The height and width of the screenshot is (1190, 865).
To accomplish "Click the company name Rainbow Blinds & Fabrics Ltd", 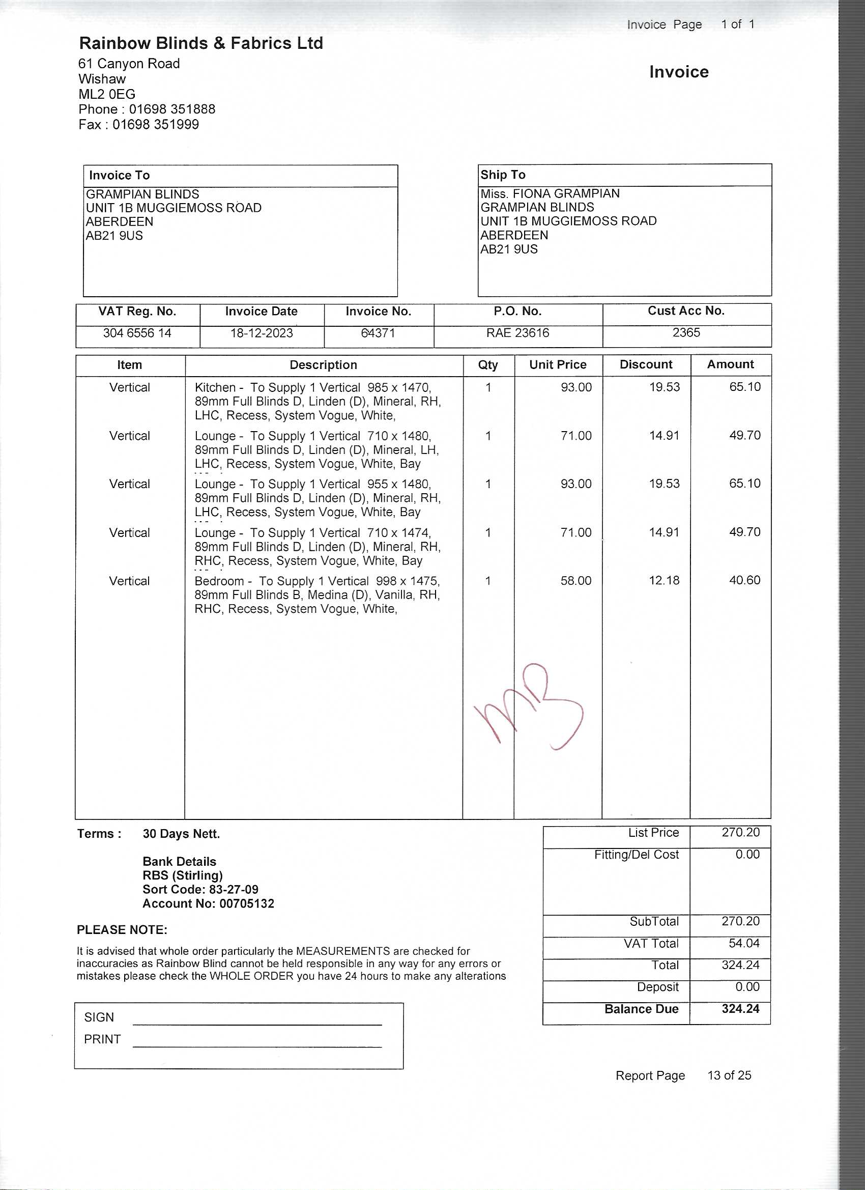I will pyautogui.click(x=201, y=43).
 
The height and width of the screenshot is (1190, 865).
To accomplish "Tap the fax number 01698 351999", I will pyautogui.click(x=156, y=124).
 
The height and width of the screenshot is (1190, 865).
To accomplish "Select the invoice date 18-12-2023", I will pyautogui.click(x=261, y=333).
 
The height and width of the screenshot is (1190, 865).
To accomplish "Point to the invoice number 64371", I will pyautogui.click(x=378, y=333).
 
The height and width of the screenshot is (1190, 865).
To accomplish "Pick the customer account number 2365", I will pyautogui.click(x=686, y=333).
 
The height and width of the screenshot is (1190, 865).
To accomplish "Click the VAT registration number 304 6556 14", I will pyautogui.click(x=137, y=333).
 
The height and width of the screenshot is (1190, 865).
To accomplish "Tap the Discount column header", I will pyautogui.click(x=646, y=364).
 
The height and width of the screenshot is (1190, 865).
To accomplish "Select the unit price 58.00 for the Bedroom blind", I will pyautogui.click(x=575, y=581).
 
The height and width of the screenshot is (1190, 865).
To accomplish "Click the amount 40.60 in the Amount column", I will pyautogui.click(x=744, y=580).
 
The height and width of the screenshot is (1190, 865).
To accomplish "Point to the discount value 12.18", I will pyautogui.click(x=664, y=580).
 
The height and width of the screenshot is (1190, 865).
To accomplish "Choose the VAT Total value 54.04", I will pyautogui.click(x=744, y=943).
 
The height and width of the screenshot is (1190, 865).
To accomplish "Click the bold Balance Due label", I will pyautogui.click(x=641, y=1009).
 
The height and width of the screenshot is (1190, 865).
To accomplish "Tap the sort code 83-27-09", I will pyautogui.click(x=234, y=889).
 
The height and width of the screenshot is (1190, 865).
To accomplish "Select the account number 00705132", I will pyautogui.click(x=247, y=903).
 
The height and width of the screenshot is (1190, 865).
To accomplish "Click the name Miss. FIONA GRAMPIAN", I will pyautogui.click(x=550, y=193).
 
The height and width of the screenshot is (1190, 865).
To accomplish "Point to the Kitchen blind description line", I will pyautogui.click(x=312, y=388).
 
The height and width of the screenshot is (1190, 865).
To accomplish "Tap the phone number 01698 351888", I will pyautogui.click(x=172, y=109).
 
